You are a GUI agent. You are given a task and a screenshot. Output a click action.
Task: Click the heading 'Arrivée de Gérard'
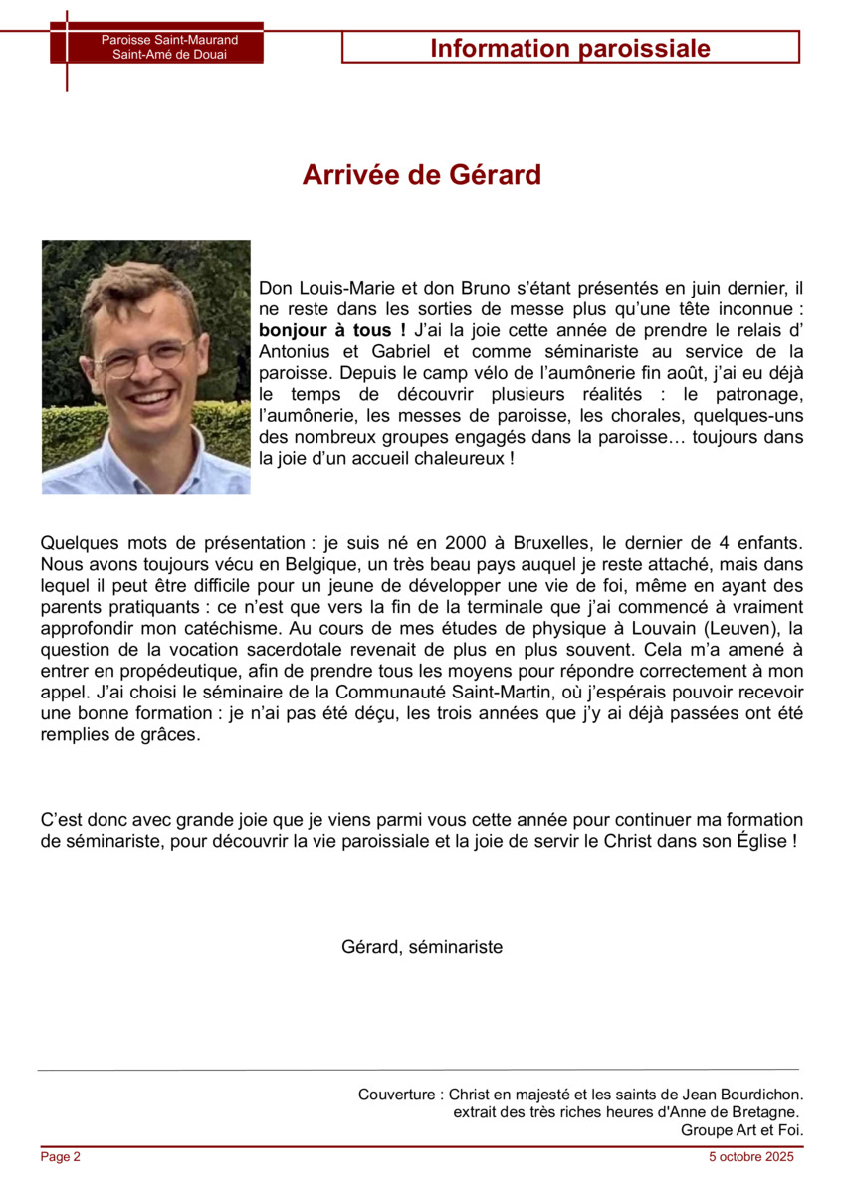click(x=422, y=175)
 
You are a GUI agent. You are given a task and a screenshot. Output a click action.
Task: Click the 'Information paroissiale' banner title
click(x=570, y=48)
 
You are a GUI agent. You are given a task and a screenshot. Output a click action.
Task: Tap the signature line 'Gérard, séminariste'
click(x=422, y=946)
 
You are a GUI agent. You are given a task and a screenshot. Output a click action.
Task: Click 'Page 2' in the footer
click(x=61, y=1157)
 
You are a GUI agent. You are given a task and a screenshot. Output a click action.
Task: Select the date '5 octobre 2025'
click(x=751, y=1157)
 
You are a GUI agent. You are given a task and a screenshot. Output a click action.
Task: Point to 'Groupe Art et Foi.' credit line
click(x=741, y=1130)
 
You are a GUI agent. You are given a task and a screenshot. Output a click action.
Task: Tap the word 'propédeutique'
click(x=155, y=670)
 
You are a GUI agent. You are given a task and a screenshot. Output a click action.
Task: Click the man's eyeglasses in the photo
click(x=144, y=356)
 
